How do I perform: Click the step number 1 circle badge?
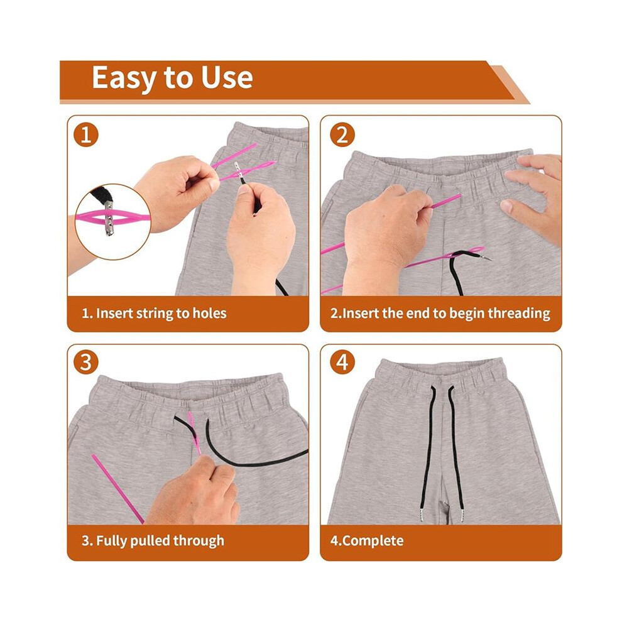click(x=85, y=134)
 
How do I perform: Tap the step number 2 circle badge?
click(x=342, y=134)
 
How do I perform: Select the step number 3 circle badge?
click(x=85, y=362)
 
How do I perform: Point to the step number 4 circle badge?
click(x=342, y=362)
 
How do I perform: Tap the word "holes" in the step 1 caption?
click(x=209, y=314)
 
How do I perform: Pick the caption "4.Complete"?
click(x=367, y=541)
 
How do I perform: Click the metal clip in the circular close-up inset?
click(x=108, y=218)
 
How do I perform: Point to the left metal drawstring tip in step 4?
click(x=422, y=515)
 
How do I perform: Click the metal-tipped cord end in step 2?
click(x=486, y=258)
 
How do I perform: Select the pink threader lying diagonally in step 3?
click(x=118, y=489)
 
